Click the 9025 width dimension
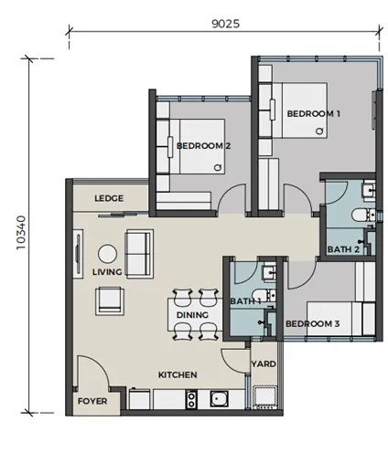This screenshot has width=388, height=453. click(226, 24)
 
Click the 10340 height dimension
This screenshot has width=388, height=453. click(21, 233)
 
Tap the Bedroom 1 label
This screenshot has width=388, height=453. click(313, 114)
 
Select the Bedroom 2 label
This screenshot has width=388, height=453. click(203, 146)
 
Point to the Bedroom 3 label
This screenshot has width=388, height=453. click(312, 323)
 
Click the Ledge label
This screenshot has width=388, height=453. click(109, 198)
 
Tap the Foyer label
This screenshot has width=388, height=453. click(92, 401)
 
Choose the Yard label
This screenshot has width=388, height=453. click(264, 363)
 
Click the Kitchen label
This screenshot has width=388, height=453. click(178, 374)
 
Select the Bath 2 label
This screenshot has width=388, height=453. click(343, 249)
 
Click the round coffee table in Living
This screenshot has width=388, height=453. click(107, 254)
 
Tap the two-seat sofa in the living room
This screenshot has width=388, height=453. click(139, 254)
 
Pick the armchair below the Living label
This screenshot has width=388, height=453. click(110, 300)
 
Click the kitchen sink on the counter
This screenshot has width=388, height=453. click(219, 398)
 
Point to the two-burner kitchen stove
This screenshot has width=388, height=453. click(191, 399)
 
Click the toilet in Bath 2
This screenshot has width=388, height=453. click(363, 215)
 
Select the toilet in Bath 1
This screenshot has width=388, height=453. click(264, 295)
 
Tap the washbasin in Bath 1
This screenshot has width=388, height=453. click(270, 271)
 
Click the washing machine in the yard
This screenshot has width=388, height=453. click(265, 397)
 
